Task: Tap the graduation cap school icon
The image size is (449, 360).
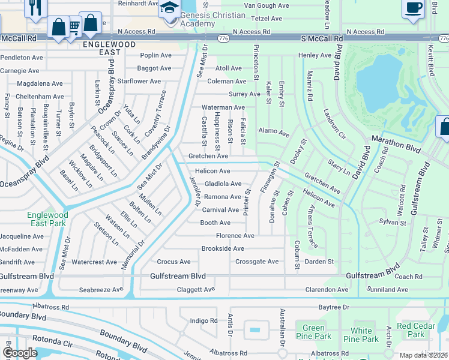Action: [x=169, y=8]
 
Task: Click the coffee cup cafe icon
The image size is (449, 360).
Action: [x=413, y=7]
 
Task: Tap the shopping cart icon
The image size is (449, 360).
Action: [x=74, y=27]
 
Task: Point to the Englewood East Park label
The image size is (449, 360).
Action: [x=47, y=219]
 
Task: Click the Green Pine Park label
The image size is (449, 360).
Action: [x=313, y=332]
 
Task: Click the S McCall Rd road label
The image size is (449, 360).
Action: [x=322, y=38]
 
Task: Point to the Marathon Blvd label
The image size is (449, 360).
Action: [x=396, y=145]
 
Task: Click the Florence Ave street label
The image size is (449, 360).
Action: [x=235, y=236]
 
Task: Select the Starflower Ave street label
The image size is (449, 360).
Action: [x=139, y=81]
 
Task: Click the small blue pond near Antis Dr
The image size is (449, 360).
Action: [x=255, y=329]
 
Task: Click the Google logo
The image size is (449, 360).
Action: [x=20, y=353]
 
